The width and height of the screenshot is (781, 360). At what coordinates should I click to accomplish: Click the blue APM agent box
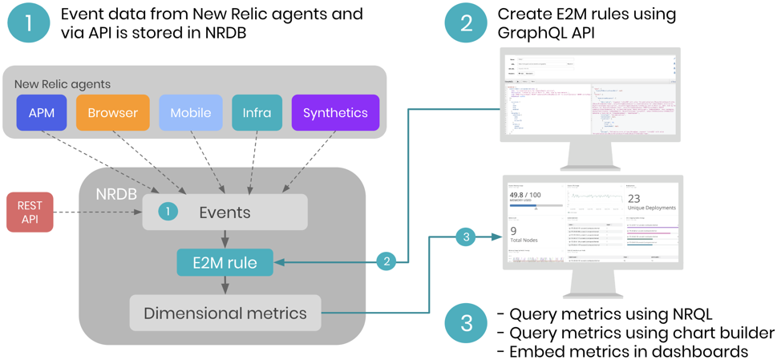click(x=42, y=112)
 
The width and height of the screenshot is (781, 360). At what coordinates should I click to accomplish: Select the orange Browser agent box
click(x=112, y=112)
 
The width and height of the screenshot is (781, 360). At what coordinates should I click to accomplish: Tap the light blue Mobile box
click(x=190, y=112)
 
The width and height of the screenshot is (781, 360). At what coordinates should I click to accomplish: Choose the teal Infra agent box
click(x=257, y=112)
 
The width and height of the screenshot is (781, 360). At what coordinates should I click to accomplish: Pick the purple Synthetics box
click(x=335, y=112)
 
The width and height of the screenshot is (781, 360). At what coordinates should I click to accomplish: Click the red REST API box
click(x=30, y=212)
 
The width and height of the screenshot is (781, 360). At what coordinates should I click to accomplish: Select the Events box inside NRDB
click(x=225, y=212)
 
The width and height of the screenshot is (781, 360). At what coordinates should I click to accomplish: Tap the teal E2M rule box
click(x=225, y=261)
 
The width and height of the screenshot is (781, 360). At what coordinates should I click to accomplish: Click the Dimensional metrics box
click(x=225, y=313)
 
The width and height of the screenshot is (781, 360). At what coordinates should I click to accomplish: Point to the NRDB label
click(x=117, y=195)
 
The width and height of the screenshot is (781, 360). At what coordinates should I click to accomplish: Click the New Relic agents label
click(x=63, y=83)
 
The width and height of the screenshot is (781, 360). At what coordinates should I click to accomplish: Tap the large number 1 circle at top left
click(x=28, y=22)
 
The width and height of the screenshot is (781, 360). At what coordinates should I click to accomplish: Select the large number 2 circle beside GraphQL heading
click(x=466, y=22)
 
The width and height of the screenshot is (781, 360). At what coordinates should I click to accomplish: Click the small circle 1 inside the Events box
click(x=167, y=212)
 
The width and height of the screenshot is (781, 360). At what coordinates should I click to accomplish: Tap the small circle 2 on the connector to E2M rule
click(x=386, y=261)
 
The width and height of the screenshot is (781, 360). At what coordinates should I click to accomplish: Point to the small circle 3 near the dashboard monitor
click(x=466, y=237)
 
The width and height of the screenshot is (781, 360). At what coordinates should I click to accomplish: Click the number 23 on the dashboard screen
click(x=633, y=199)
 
